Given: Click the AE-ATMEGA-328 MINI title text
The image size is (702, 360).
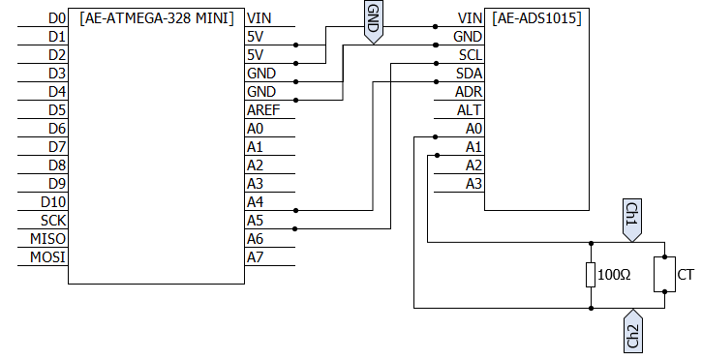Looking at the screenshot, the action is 157,18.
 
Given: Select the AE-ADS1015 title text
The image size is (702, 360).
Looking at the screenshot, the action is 536,18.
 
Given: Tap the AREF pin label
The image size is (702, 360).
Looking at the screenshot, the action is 263,110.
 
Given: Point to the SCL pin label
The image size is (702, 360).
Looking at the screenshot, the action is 470,55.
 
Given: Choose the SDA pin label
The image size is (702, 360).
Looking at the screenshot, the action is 469,74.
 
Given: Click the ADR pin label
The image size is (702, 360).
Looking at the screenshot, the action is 469,92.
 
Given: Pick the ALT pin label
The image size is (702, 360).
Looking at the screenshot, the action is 470,110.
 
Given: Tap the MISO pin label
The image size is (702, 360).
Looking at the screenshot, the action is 47,239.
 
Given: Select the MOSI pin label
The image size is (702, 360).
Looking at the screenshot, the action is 47,257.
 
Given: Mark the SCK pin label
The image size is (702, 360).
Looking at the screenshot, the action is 53,221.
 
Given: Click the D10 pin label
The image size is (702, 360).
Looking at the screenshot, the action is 53,202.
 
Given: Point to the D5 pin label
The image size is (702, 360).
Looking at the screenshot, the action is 57,110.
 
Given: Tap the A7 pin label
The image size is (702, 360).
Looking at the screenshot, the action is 256,257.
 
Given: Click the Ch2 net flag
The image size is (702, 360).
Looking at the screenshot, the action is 632,331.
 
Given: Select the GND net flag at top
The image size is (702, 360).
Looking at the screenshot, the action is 373,21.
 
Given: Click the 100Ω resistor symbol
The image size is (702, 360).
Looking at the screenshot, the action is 591,275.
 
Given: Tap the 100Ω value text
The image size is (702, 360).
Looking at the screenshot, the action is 614,275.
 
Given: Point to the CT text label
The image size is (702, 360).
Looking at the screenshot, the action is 686,275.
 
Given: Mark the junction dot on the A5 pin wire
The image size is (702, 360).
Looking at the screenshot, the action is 294,229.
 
